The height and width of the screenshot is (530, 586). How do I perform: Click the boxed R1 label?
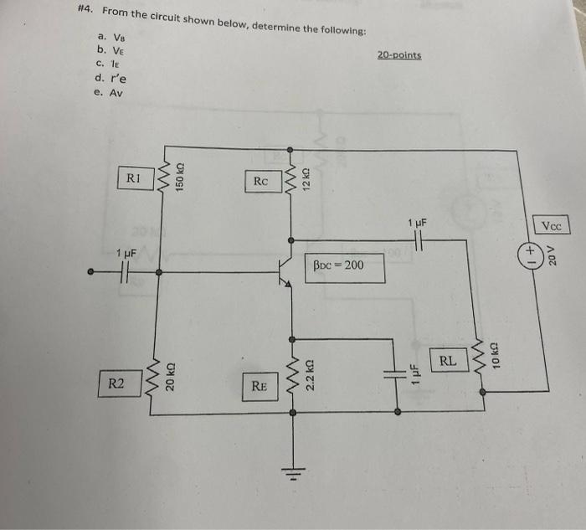coord(134,178)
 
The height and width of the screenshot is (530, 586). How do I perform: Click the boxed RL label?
coord(448,362)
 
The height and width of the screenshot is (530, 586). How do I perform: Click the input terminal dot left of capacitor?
coord(92,272)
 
